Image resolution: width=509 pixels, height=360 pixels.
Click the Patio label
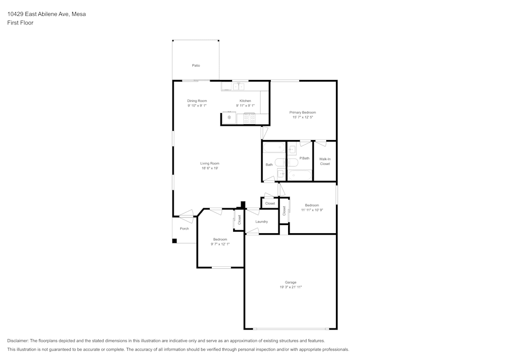pyautogui.click(x=196, y=66)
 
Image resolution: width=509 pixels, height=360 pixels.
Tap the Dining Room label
pyautogui.click(x=197, y=101)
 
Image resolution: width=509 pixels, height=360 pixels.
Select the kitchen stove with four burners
pyautogui.click(x=249, y=119)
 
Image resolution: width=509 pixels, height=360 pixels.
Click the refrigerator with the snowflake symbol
pyautogui.click(x=230, y=118)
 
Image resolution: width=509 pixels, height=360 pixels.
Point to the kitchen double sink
pyautogui.click(x=238, y=87)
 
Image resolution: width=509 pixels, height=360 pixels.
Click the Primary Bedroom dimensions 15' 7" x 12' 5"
pyautogui.click(x=302, y=117)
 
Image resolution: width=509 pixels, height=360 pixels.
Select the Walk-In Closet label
pyautogui.click(x=325, y=161)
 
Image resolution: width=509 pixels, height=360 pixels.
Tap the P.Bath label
pyautogui.click(x=304, y=158)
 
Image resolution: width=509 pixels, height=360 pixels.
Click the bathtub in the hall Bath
pyautogui.click(x=274, y=148)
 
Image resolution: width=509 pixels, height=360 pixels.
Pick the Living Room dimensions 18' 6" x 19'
pyautogui.click(x=210, y=168)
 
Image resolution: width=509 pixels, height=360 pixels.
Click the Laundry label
pyautogui.click(x=262, y=221)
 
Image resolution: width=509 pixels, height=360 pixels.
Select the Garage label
pyautogui.click(x=291, y=283)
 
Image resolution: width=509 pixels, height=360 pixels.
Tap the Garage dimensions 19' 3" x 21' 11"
pyautogui.click(x=291, y=287)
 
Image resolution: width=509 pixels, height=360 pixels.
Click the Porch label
pyautogui.click(x=184, y=229)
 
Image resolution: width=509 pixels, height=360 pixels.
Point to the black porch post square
pyautogui.click(x=174, y=241)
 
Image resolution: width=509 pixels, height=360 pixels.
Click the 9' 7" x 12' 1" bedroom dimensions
pyautogui.click(x=220, y=244)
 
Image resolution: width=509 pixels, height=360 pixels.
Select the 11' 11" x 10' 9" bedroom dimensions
pyautogui.click(x=312, y=210)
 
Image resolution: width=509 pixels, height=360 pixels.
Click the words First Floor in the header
pyautogui.click(x=20, y=23)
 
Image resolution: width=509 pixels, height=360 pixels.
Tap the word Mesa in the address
pyautogui.click(x=79, y=14)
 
